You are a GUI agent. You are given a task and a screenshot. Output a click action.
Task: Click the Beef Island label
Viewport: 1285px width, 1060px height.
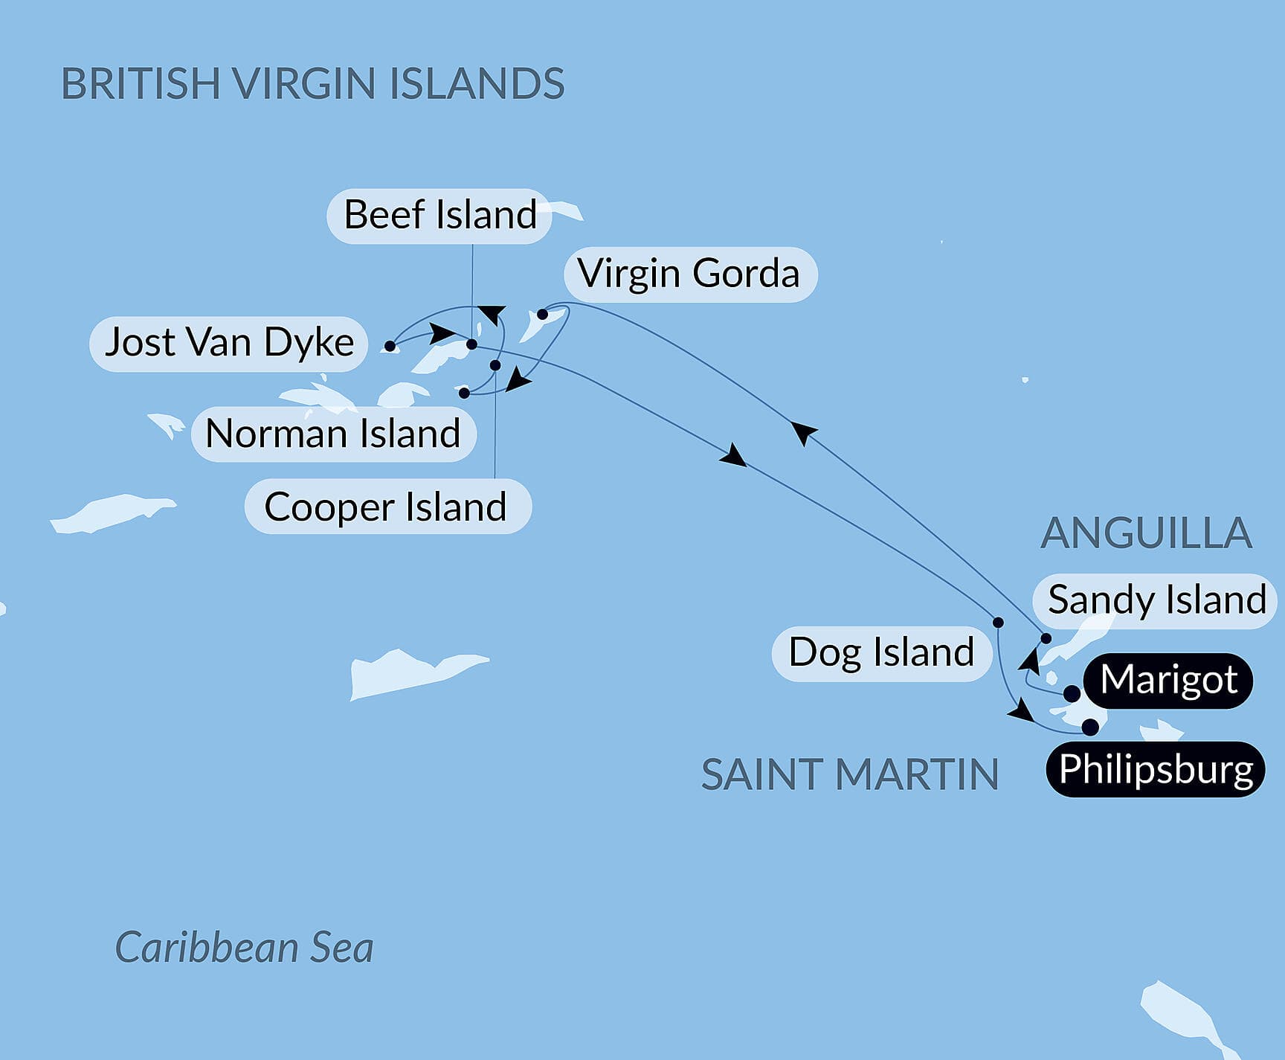pyautogui.click(x=439, y=216)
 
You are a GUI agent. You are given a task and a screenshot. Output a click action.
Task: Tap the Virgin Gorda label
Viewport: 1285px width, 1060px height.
pyautogui.click(x=689, y=274)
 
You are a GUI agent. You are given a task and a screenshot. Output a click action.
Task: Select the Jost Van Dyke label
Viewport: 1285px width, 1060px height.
pyautogui.click(x=229, y=343)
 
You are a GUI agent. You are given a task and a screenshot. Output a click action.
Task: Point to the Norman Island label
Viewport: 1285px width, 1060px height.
pyautogui.click(x=333, y=434)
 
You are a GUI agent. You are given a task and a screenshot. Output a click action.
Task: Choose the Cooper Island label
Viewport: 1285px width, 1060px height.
pyautogui.click(x=387, y=507)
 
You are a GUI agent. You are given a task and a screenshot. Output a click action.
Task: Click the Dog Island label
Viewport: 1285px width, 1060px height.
pyautogui.click(x=881, y=653)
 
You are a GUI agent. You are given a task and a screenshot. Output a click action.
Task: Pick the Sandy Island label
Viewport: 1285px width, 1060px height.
pyautogui.click(x=1156, y=600)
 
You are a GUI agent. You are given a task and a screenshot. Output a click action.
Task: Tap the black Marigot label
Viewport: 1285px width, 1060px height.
pyautogui.click(x=1168, y=680)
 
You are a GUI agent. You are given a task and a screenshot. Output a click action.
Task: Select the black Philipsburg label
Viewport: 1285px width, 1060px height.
pyautogui.click(x=1156, y=769)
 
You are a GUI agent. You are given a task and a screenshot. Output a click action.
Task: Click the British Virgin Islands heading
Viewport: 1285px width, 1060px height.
pyautogui.click(x=312, y=83)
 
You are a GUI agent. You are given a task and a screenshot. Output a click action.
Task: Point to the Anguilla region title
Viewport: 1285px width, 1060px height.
pyautogui.click(x=1146, y=533)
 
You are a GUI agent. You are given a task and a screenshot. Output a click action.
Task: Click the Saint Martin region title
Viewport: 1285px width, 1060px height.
pyautogui.click(x=850, y=774)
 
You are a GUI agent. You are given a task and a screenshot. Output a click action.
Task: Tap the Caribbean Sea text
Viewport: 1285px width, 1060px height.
pyautogui.click(x=244, y=948)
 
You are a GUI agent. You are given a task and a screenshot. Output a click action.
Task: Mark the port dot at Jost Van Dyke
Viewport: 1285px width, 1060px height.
pyautogui.click(x=390, y=346)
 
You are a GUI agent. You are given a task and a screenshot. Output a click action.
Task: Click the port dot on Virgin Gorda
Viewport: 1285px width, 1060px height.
pyautogui.click(x=543, y=315)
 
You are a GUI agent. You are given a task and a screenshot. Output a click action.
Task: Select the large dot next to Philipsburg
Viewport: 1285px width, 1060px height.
pyautogui.click(x=1090, y=727)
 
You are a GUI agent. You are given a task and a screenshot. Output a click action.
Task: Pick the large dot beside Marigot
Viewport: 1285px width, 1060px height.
pyautogui.click(x=1072, y=694)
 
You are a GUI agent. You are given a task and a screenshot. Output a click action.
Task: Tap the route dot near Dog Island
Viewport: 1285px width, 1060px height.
pyautogui.click(x=998, y=623)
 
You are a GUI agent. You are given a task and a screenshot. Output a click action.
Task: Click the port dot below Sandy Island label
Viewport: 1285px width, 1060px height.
pyautogui.click(x=1046, y=638)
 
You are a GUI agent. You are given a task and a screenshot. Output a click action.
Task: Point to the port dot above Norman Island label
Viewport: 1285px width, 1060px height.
pyautogui.click(x=464, y=393)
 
